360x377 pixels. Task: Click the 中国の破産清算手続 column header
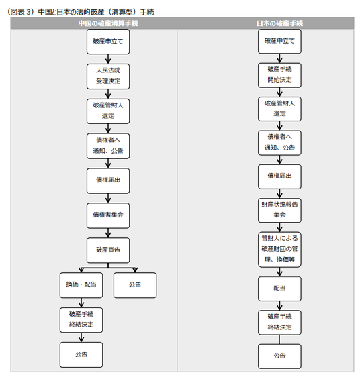(108, 23)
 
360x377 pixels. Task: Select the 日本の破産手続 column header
(279, 23)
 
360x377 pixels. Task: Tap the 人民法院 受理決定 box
(108, 76)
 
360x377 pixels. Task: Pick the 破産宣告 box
(108, 250)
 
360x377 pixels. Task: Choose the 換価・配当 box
(81, 285)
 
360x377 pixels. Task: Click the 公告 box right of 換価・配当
(135, 285)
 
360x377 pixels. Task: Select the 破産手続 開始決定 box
(279, 75)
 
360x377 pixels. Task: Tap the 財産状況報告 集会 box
(279, 211)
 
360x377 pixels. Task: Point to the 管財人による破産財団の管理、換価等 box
(279, 250)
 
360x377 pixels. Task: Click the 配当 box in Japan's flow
(279, 288)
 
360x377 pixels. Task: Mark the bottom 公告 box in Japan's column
(279, 356)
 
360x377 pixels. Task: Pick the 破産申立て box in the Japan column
(279, 42)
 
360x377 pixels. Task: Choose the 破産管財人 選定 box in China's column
(108, 111)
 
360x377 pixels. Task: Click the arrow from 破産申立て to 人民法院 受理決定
(108, 59)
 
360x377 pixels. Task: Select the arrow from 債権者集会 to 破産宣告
(108, 233)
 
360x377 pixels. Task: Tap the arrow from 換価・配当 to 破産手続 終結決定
(81, 303)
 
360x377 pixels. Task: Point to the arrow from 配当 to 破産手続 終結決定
(279, 306)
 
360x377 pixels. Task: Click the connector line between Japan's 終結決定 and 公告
(279, 339)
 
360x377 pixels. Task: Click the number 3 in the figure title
(28, 12)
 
